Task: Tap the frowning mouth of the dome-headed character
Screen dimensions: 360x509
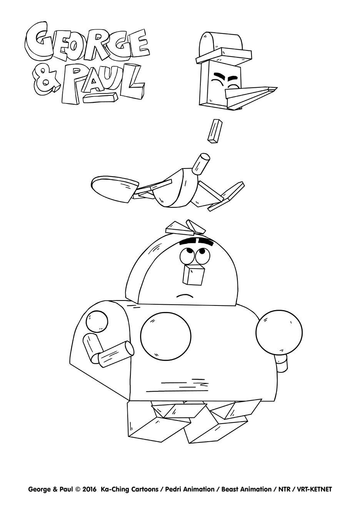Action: coord(185,295)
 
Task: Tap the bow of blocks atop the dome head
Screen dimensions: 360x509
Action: coord(185,227)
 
